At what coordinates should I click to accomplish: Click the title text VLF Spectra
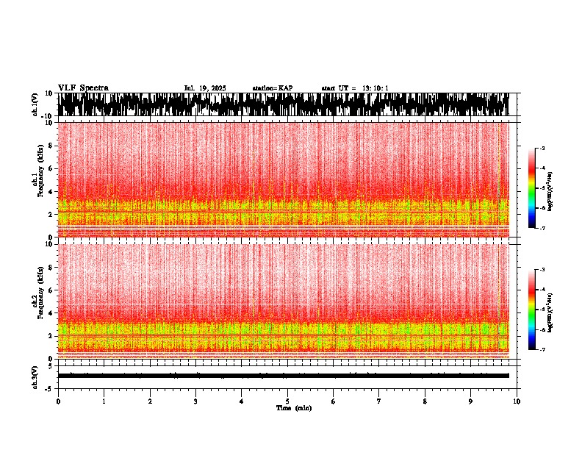click(83, 87)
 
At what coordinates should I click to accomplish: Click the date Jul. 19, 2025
click(204, 88)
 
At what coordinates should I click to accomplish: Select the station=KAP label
click(272, 88)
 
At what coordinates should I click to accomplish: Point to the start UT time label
click(355, 88)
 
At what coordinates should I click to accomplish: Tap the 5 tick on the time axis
click(287, 401)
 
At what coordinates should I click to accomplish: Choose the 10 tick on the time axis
click(517, 401)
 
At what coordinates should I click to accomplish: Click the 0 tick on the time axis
click(58, 401)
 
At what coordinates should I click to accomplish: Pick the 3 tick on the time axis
click(195, 401)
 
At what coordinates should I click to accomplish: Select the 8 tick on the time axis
click(425, 401)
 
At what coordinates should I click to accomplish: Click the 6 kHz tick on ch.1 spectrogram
click(51, 168)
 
